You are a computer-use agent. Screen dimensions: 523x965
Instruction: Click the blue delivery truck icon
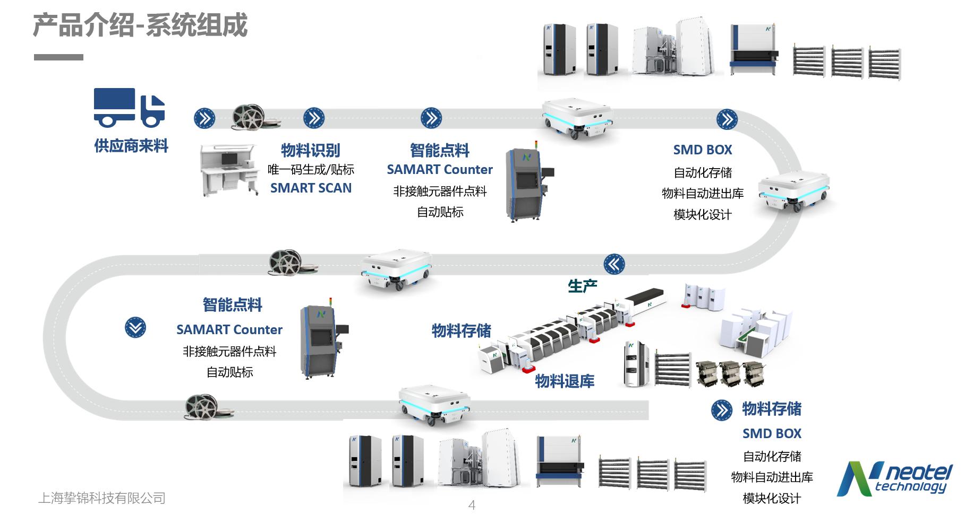(x=129, y=107)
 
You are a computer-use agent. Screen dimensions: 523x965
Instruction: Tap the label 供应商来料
(x=131, y=146)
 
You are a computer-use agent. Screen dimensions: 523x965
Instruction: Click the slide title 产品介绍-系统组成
(x=140, y=25)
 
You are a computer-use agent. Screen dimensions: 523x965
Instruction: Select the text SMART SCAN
(x=311, y=188)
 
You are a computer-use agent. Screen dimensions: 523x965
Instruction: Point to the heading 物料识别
(x=310, y=151)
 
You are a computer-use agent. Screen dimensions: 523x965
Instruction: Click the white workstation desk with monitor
(x=229, y=169)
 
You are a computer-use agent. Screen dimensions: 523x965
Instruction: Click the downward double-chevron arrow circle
(x=135, y=327)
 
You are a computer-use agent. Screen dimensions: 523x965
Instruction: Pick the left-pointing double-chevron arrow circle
(x=614, y=264)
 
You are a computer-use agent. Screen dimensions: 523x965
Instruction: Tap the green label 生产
(x=582, y=286)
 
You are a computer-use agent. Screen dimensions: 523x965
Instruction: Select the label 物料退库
(x=565, y=381)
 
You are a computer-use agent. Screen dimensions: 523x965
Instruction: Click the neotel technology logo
(x=894, y=479)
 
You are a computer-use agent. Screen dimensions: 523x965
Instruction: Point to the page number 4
(x=472, y=505)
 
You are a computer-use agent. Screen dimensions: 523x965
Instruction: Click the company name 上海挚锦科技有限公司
(x=102, y=498)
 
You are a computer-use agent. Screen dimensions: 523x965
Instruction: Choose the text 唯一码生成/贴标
(x=311, y=170)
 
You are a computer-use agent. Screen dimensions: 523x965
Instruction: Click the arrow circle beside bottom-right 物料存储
(x=721, y=409)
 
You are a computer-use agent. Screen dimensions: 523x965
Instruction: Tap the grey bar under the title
(x=58, y=57)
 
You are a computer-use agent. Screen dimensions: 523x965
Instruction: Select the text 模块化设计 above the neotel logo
(x=772, y=499)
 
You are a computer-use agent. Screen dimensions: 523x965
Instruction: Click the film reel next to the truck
(x=249, y=116)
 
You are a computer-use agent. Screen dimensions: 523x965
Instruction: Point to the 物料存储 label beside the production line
(x=461, y=331)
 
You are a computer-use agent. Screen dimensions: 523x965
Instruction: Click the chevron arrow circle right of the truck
(x=204, y=118)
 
